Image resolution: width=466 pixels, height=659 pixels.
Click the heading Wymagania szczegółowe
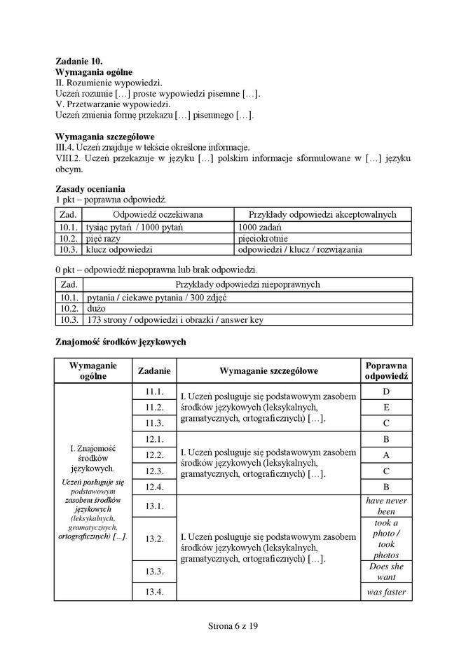point(105,136)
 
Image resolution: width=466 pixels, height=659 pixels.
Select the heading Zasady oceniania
point(90,188)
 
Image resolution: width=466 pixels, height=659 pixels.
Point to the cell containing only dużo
point(95,308)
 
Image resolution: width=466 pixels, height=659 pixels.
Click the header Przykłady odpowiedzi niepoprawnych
point(247,284)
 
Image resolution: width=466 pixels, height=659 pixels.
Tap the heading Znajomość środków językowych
point(120,342)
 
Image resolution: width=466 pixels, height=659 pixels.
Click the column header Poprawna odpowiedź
point(386,370)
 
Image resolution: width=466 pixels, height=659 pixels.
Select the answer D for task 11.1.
point(386,391)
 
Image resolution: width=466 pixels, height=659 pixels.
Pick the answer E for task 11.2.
point(386,408)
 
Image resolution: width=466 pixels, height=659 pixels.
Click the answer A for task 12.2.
point(386,455)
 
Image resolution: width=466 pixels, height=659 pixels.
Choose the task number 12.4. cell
point(154,487)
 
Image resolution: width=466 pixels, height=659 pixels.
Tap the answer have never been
point(386,506)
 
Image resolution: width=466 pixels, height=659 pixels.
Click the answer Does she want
point(386,571)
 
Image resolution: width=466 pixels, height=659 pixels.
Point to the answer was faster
point(386,592)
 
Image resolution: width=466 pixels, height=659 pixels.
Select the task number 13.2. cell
point(154,539)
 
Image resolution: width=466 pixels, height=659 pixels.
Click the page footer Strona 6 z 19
point(233,625)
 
